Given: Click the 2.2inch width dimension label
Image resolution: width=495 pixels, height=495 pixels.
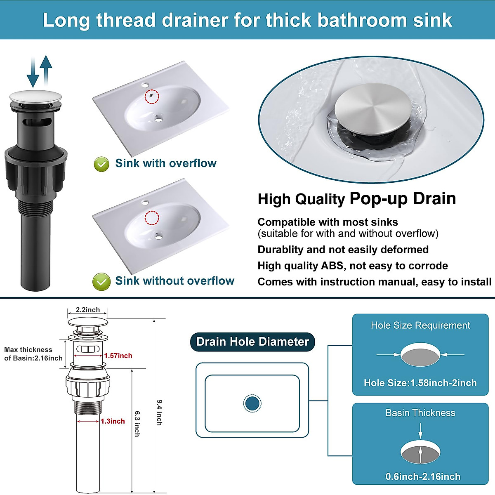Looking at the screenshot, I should click(x=87, y=310).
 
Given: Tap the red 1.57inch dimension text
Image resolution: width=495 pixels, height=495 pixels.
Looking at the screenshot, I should click(x=118, y=356).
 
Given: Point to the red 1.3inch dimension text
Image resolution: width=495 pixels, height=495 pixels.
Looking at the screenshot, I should click(x=113, y=421).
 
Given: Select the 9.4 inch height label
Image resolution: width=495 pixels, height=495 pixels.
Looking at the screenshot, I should click(x=159, y=412).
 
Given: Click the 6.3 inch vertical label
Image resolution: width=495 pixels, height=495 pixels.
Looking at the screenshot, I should click(x=137, y=423).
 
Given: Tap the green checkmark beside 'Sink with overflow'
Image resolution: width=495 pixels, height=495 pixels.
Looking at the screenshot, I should click(x=101, y=164).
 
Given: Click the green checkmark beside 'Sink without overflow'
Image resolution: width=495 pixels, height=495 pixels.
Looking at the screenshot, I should click(x=101, y=282).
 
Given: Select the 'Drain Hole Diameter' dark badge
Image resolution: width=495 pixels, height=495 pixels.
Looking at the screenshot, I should click(x=252, y=342).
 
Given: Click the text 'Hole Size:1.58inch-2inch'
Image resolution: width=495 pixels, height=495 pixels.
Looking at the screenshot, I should click(x=420, y=383).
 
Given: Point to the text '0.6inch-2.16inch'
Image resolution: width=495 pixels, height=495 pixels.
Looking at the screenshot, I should click(x=423, y=476).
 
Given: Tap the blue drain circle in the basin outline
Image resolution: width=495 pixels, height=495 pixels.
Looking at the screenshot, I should click(x=252, y=403).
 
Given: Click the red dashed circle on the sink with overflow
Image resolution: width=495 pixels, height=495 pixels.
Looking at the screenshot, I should click(x=152, y=97).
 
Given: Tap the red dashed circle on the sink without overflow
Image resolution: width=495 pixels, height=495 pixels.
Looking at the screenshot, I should click(x=152, y=217).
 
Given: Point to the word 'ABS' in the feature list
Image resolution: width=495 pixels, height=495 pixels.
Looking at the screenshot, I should click(x=332, y=266).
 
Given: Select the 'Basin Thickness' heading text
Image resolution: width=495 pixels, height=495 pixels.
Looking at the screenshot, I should click(x=420, y=413).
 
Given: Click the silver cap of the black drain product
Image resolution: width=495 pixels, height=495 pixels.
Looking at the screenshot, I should click(x=35, y=97).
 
